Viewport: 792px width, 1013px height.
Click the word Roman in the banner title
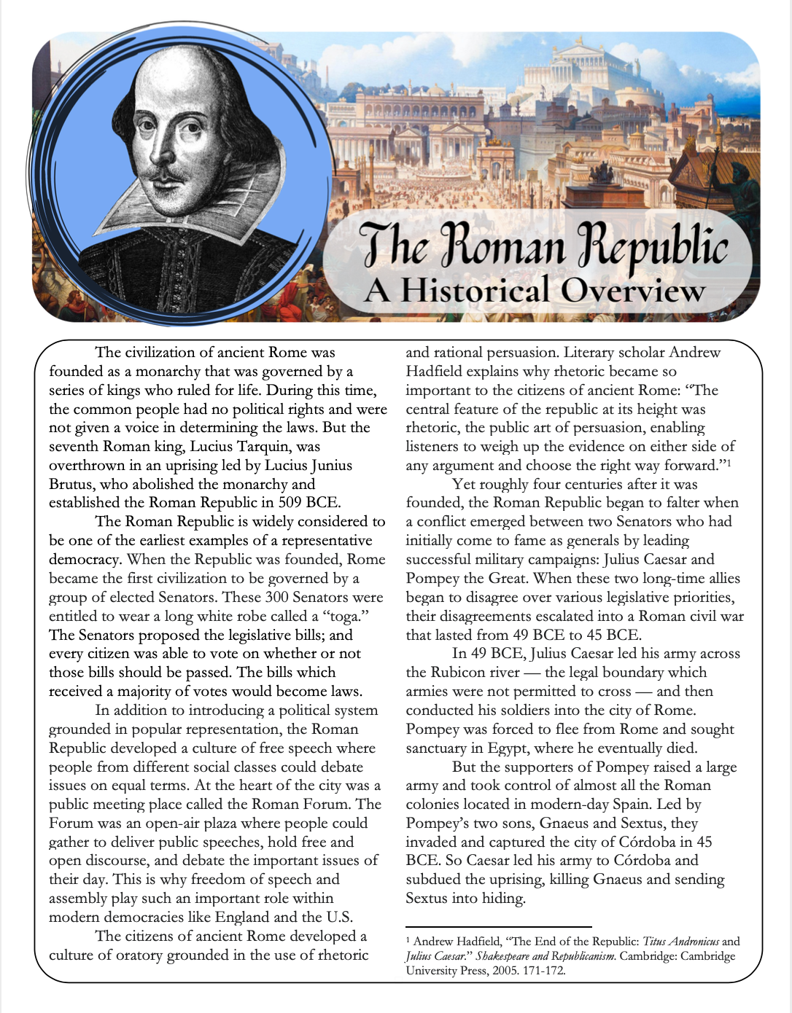click(x=503, y=246)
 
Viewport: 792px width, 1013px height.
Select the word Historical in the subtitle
click(x=475, y=290)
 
